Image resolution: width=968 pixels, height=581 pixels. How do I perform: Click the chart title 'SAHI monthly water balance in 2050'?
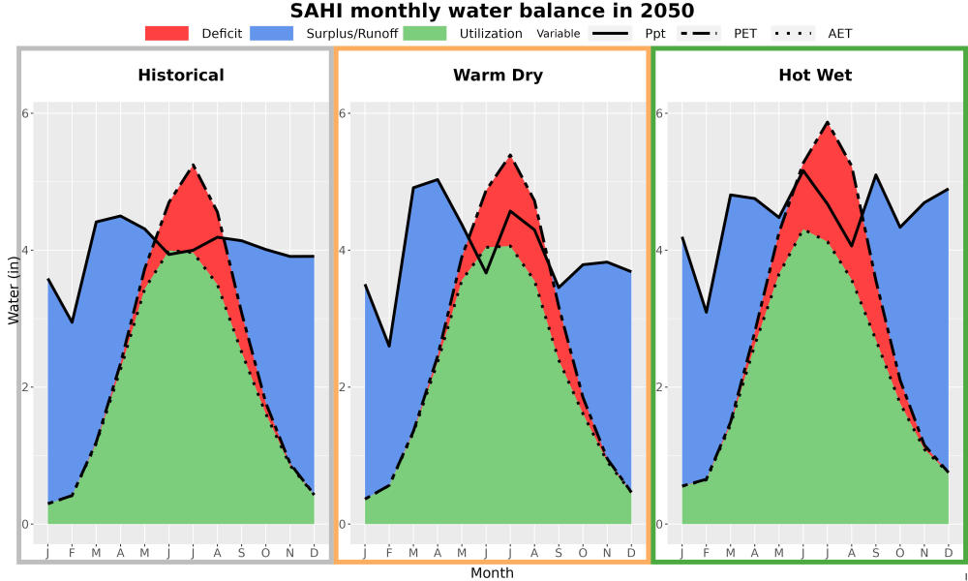[492, 11]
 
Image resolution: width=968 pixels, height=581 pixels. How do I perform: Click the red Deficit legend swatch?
[166, 33]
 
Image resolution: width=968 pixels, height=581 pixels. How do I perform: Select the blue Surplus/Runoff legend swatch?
[272, 33]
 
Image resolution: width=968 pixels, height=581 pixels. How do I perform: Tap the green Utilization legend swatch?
[425, 33]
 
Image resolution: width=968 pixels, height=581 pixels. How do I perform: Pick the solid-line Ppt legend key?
[610, 33]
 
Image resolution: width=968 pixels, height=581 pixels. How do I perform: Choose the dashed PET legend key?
[699, 33]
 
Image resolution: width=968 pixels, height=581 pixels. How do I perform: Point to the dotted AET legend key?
[793, 33]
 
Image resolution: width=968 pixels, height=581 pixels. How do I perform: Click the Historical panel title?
[181, 76]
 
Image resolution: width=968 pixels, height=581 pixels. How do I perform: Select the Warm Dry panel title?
[498, 76]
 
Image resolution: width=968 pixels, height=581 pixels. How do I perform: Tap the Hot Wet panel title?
[815, 76]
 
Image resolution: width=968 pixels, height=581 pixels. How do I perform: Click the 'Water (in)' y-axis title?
[13, 290]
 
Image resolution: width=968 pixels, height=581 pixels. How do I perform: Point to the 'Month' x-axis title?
[492, 573]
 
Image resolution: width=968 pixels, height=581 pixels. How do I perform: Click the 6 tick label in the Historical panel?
[27, 113]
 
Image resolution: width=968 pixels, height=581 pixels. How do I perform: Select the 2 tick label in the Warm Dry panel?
[344, 387]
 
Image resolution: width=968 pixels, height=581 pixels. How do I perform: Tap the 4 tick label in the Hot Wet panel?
[661, 250]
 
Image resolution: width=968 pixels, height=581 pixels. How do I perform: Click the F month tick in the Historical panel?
[72, 553]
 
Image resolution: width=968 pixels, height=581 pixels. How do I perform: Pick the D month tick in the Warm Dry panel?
[631, 553]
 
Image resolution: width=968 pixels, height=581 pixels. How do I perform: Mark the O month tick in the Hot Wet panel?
[899, 553]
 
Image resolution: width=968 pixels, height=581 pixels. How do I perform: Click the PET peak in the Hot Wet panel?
[827, 122]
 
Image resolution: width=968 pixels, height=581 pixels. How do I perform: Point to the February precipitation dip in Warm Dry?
[389, 346]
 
